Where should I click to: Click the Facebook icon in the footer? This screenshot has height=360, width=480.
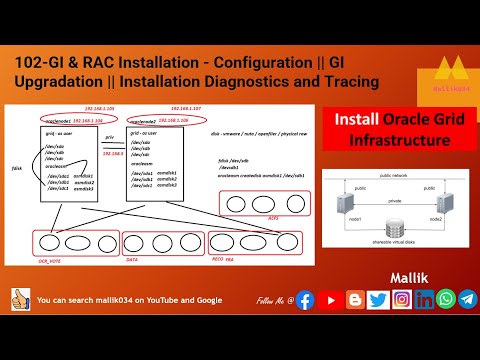click(304, 299)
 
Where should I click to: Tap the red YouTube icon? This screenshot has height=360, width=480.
click(329, 299)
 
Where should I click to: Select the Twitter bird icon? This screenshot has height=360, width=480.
click(377, 299)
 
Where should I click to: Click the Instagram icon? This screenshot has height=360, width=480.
click(401, 299)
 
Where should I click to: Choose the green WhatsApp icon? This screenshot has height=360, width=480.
click(445, 299)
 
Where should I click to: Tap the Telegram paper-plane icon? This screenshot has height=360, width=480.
click(467, 299)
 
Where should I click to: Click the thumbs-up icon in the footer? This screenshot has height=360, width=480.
click(18, 299)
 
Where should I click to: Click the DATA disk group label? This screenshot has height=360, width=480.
click(131, 258)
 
